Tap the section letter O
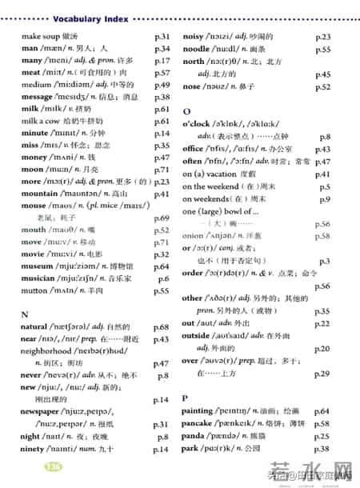pyautogui.click(x=186, y=112)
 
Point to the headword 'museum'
pyautogui.click(x=38, y=266)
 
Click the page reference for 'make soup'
pyautogui.click(x=162, y=37)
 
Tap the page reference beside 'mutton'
pyautogui.click(x=162, y=291)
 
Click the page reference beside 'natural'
pyautogui.click(x=162, y=327)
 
